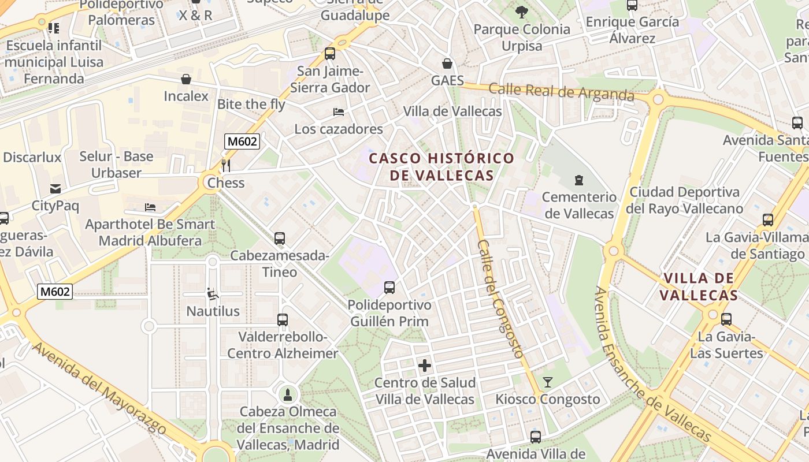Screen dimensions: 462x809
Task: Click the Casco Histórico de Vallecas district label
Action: (441, 166)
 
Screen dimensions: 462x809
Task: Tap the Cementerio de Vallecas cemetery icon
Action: (579, 180)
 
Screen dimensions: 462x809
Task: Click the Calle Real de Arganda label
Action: (561, 92)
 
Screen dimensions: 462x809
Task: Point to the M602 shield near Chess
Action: (242, 141)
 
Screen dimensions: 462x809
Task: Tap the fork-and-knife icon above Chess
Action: (226, 166)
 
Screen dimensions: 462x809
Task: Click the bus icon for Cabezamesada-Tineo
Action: (280, 238)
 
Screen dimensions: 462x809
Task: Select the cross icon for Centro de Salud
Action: (425, 366)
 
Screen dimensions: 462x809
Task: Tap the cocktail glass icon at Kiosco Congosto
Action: (547, 382)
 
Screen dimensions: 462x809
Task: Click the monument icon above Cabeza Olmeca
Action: (288, 395)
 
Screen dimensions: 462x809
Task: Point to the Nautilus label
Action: (213, 311)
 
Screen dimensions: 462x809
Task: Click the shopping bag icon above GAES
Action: (447, 63)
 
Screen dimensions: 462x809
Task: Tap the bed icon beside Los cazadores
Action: (339, 111)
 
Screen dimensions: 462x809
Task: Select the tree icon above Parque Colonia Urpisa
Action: (521, 12)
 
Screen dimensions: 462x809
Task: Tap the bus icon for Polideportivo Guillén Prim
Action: (389, 287)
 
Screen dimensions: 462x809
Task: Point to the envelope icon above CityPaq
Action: (55, 188)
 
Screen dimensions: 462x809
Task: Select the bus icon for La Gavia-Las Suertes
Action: (726, 319)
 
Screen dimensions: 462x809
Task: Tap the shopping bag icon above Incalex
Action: (186, 79)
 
